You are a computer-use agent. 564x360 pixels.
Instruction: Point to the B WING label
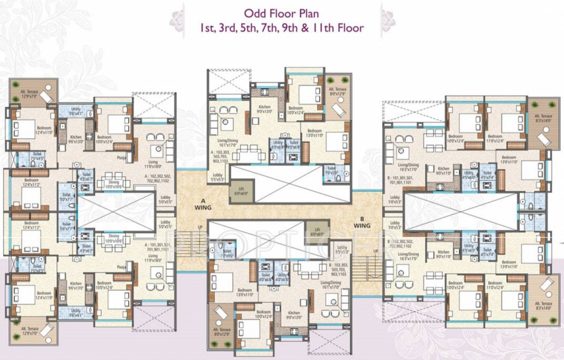point(362,222)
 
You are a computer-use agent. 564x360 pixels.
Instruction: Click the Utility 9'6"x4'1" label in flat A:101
point(76,313)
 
